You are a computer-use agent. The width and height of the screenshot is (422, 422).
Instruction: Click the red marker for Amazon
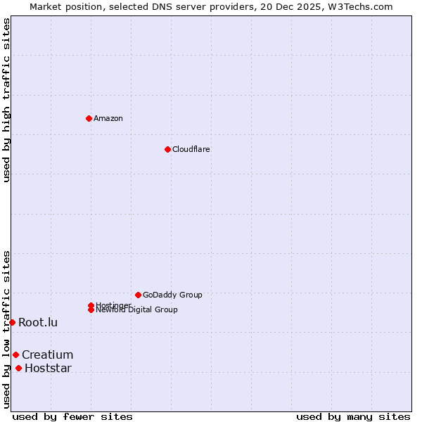(x=89, y=118)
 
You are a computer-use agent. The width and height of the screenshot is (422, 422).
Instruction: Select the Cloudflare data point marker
(x=167, y=149)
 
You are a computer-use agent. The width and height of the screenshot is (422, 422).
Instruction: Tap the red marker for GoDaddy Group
(x=138, y=295)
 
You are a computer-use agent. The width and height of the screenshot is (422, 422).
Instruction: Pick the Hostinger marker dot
(x=91, y=305)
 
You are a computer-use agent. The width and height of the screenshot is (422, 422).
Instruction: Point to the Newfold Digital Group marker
(x=91, y=310)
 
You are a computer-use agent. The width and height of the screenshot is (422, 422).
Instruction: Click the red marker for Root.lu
(x=12, y=322)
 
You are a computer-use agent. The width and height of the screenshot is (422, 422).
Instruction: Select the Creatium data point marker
(x=15, y=354)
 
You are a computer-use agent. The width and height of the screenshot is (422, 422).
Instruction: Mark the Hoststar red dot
(x=18, y=368)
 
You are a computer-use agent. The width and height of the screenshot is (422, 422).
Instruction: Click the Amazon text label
(x=108, y=118)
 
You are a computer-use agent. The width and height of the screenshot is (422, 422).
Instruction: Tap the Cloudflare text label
(x=191, y=149)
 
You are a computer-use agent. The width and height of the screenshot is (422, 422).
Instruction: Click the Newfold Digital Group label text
(x=137, y=310)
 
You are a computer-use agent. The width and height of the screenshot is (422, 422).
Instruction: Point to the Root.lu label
(x=38, y=322)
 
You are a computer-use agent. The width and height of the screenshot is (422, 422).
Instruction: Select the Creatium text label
(x=47, y=354)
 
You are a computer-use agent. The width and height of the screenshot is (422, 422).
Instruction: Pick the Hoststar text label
(x=48, y=368)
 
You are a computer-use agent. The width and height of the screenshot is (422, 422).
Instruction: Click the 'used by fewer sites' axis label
(x=72, y=416)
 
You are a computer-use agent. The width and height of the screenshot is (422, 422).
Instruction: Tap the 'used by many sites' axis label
(x=353, y=416)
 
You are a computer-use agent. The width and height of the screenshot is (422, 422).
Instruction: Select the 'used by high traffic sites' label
(x=6, y=100)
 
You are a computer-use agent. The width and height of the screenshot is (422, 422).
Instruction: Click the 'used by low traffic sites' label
(x=6, y=329)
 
